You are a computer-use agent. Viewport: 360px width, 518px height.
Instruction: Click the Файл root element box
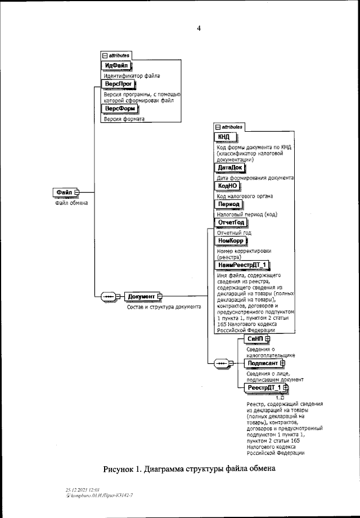tap(64, 193)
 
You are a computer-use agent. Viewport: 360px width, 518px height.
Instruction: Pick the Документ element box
tap(141, 296)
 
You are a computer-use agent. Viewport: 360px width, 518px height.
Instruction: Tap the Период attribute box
tap(229, 204)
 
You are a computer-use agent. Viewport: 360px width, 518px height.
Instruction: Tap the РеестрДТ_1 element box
tap(264, 388)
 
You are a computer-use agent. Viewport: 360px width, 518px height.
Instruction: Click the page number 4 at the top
tap(199, 28)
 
